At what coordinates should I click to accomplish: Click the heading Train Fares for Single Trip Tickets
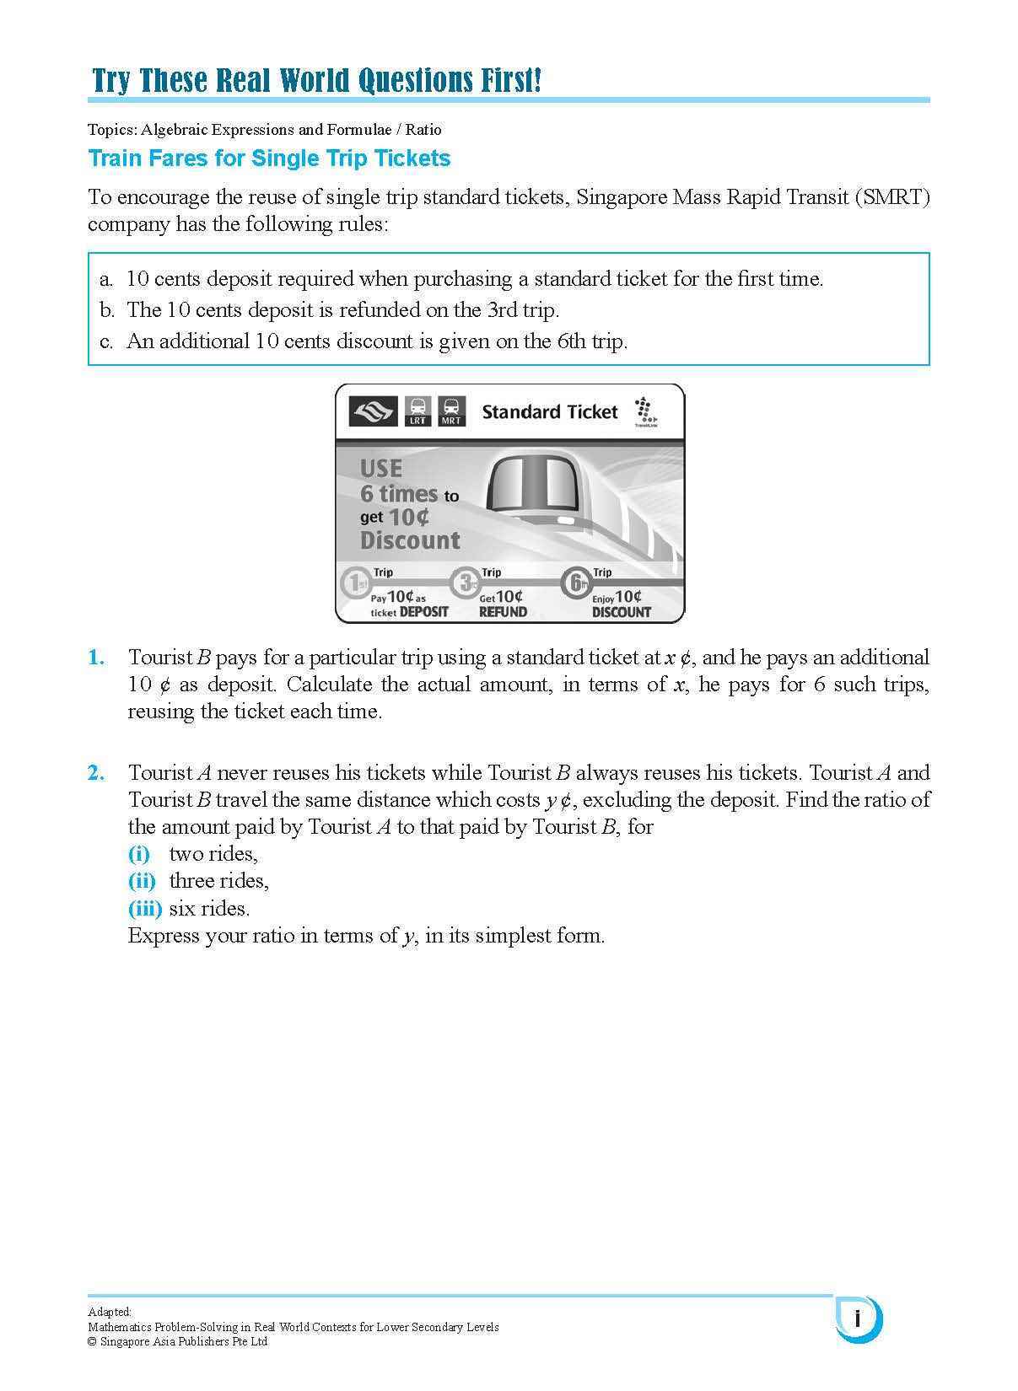(x=269, y=158)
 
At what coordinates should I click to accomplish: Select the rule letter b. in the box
(x=106, y=310)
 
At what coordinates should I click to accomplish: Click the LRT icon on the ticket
(x=417, y=411)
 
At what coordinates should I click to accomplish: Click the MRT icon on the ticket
(x=451, y=411)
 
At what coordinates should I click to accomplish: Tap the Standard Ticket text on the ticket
(x=549, y=411)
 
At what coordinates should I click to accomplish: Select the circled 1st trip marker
(x=355, y=583)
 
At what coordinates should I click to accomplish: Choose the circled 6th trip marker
(x=576, y=583)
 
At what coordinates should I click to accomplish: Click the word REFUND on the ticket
(x=503, y=612)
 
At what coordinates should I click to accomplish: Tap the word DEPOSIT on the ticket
(x=423, y=612)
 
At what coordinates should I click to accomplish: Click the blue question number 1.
(x=96, y=658)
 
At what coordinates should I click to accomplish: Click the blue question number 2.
(x=96, y=773)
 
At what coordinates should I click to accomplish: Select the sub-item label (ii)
(x=142, y=881)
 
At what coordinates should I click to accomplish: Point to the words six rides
(x=209, y=909)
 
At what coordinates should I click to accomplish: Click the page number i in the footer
(x=858, y=1318)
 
